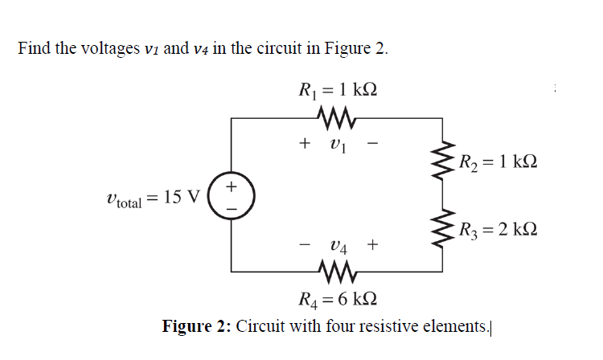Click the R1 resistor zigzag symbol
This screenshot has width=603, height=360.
tap(336, 119)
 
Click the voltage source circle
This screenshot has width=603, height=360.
tap(230, 196)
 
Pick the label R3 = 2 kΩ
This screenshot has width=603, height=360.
tap(494, 231)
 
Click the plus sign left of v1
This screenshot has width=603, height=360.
tap(304, 145)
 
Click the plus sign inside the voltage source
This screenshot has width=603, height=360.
tap(231, 186)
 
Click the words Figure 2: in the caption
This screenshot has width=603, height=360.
tap(197, 326)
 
